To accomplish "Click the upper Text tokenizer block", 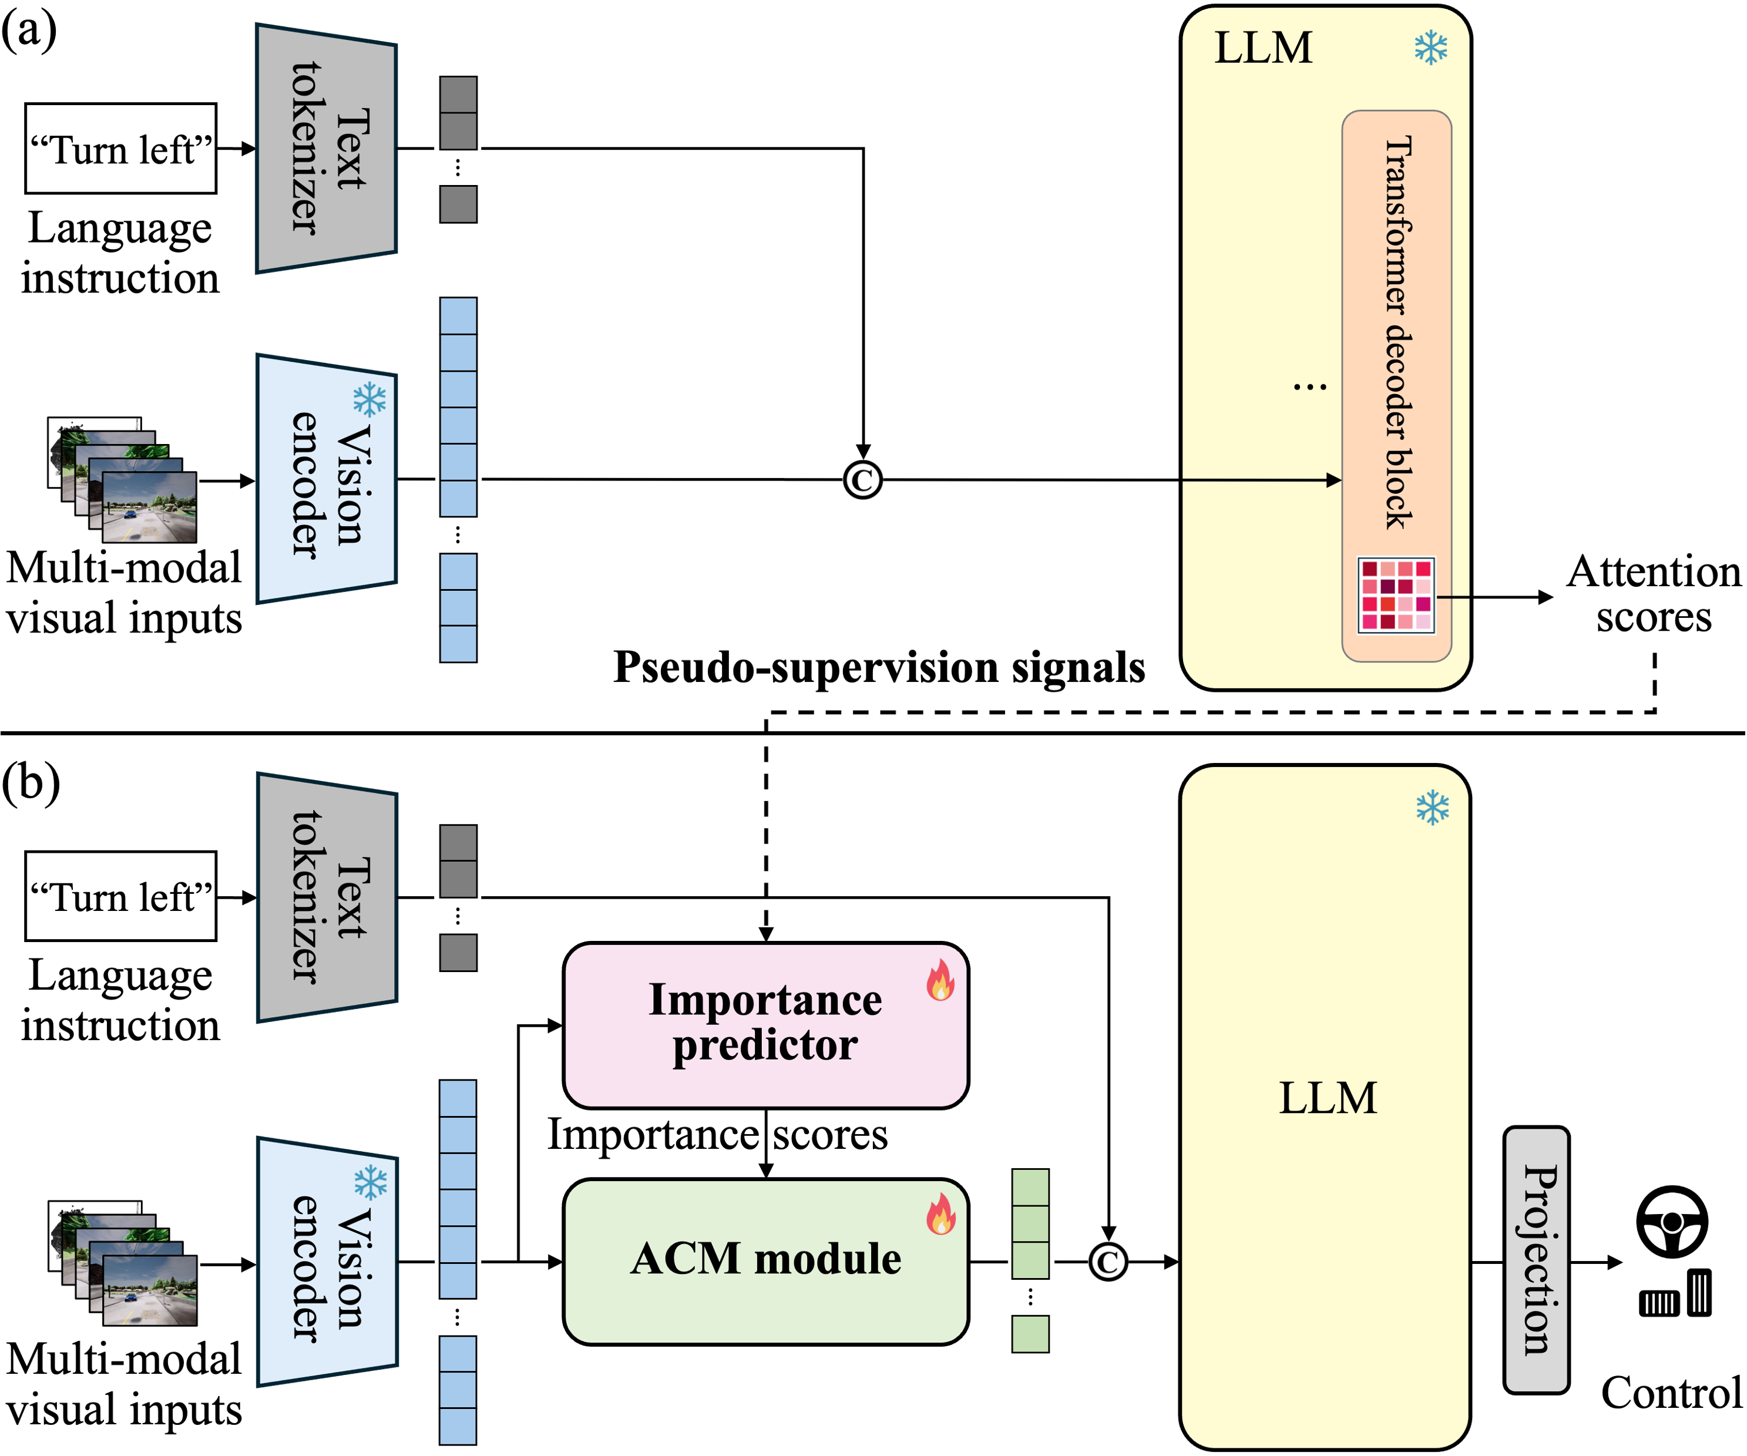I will coord(326,148).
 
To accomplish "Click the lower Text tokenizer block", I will coord(326,897).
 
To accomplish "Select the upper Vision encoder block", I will coord(326,480).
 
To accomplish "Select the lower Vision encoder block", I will coord(326,1262).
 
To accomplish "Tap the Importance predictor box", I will coord(765,1024).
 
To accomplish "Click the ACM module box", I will coord(765,1260).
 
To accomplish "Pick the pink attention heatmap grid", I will coord(1396,595).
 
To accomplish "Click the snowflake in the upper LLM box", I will coord(1431,48).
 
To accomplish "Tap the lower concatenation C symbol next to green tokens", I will coord(1107,1262).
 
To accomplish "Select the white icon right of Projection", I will coord(1675,1289).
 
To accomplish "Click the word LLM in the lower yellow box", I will coord(1327,1098).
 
